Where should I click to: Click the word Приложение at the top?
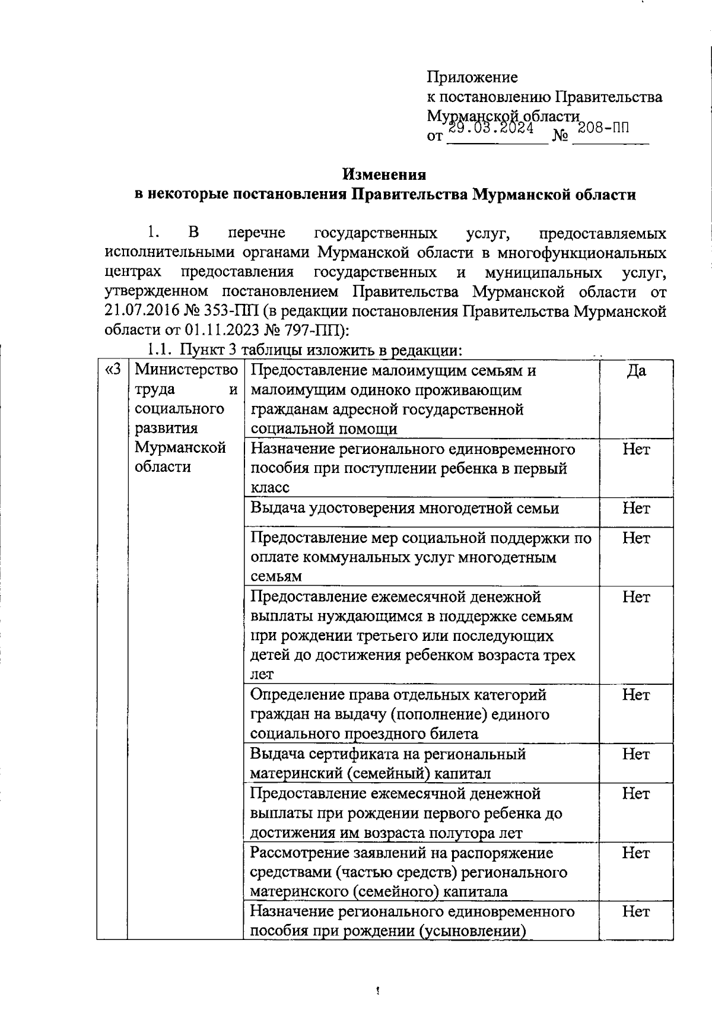pyautogui.click(x=472, y=77)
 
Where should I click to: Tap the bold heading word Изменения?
pyautogui.click(x=384, y=174)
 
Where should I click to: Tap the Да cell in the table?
pyautogui.click(x=636, y=371)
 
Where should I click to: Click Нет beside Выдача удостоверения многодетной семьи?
pyautogui.click(x=636, y=508)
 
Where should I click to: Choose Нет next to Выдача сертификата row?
pyautogui.click(x=636, y=754)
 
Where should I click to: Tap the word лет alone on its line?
pyautogui.click(x=262, y=675)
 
